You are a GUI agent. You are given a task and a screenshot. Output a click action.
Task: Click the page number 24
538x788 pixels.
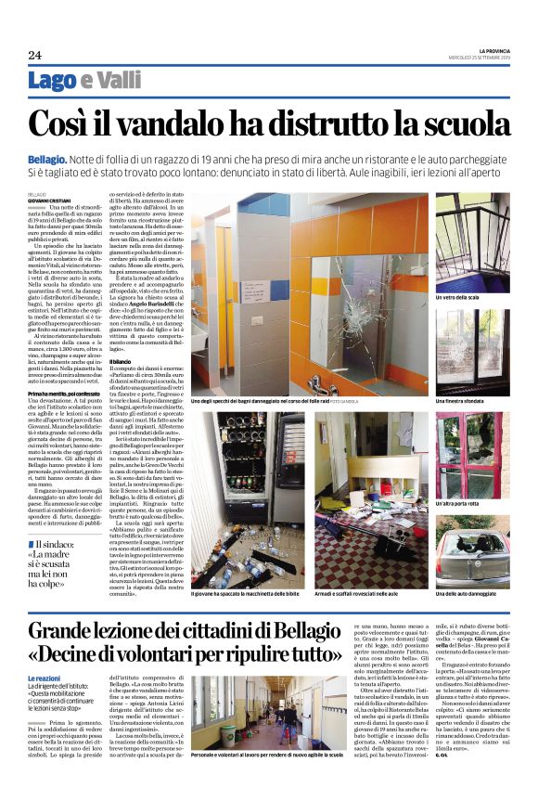(x=34, y=55)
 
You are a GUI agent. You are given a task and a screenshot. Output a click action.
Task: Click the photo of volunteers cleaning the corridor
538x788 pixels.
(x=265, y=722)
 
